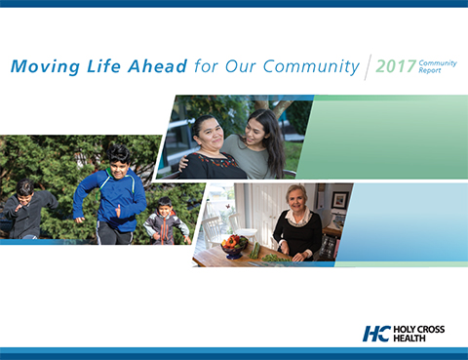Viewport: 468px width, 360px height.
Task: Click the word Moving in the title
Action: click(40, 67)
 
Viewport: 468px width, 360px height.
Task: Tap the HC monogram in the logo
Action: click(376, 334)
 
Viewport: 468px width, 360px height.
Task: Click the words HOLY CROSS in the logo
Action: click(419, 330)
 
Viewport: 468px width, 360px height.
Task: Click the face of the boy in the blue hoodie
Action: click(120, 157)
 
